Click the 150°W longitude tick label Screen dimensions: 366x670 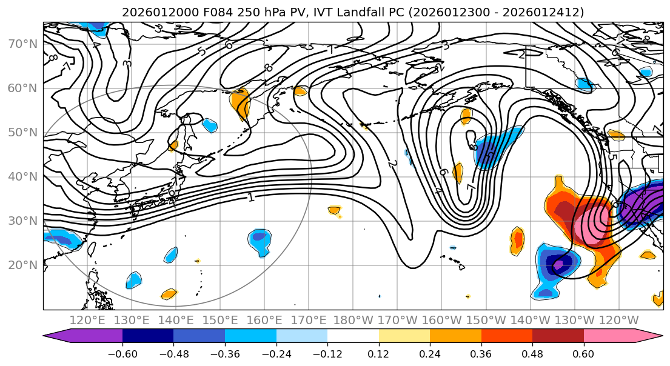point(486,320)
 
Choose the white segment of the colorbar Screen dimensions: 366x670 point(353,336)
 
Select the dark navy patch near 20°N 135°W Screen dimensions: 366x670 point(561,264)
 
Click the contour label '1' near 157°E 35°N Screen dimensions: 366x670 point(250,198)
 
